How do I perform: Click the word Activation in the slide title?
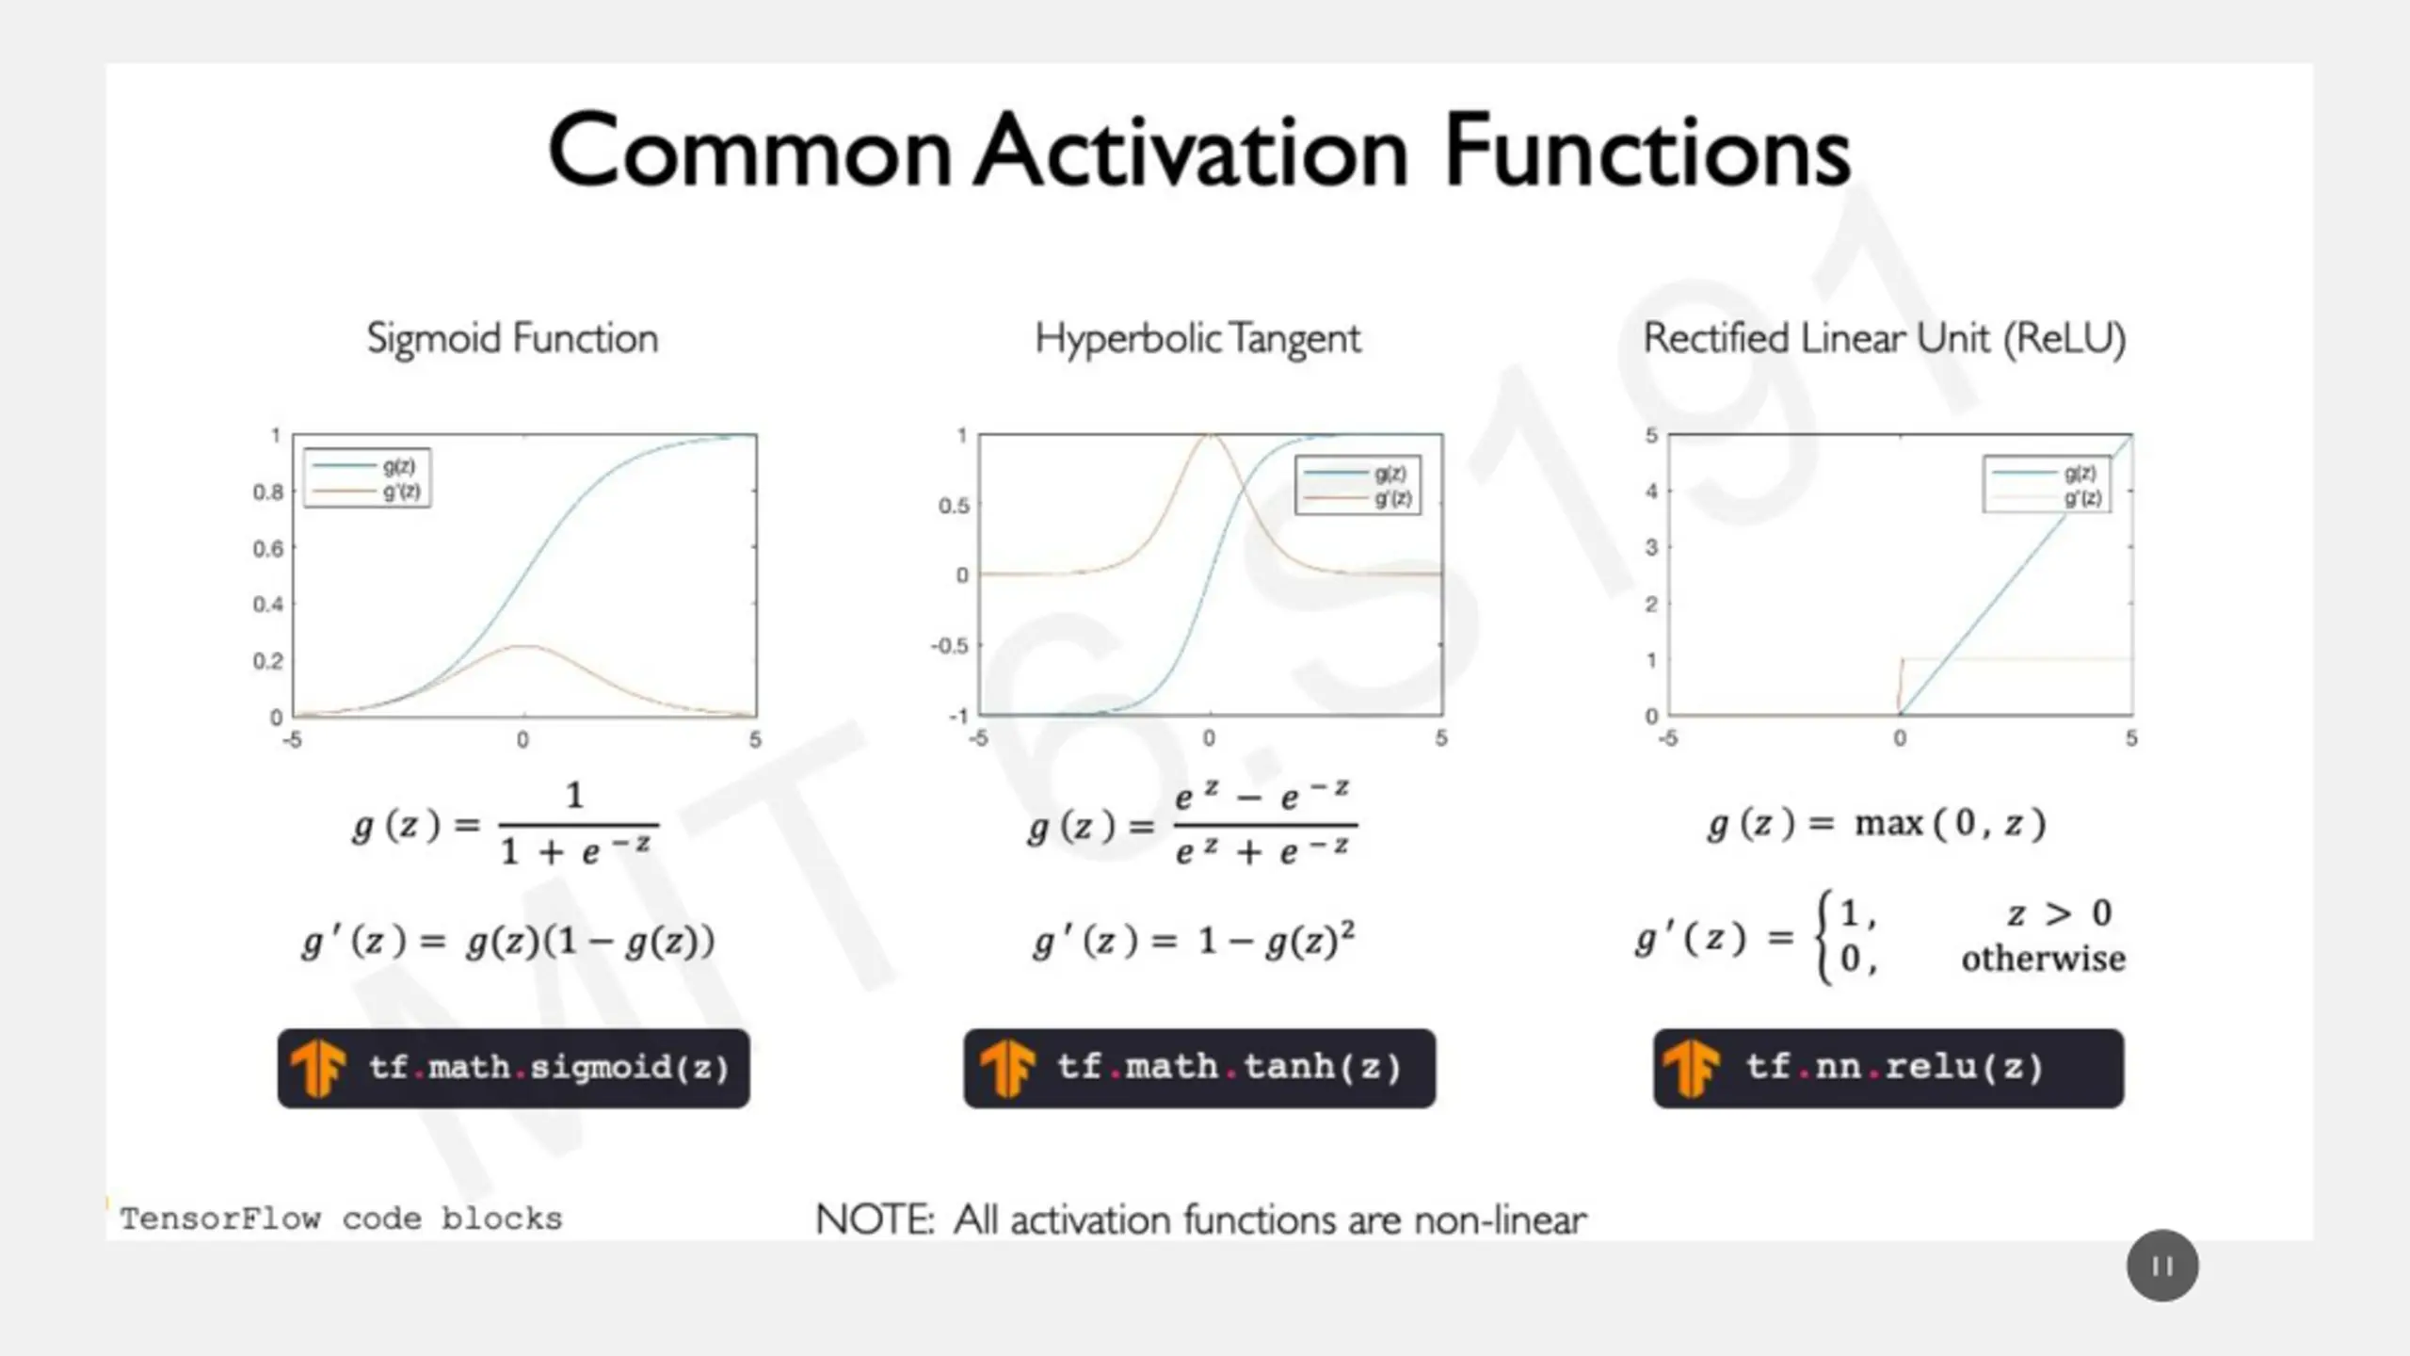[x=1191, y=151]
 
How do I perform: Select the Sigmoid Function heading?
[x=513, y=339]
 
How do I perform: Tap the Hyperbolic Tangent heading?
[x=1197, y=339]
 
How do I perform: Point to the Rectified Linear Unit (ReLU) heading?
[x=1885, y=339]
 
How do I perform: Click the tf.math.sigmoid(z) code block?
[x=514, y=1068]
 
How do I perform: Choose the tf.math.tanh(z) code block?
[x=1199, y=1068]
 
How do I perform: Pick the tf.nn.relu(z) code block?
[x=1888, y=1068]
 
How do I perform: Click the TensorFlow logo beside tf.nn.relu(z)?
[x=1691, y=1068]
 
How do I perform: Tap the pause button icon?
[x=2162, y=1266]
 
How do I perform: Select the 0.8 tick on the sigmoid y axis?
[x=267, y=492]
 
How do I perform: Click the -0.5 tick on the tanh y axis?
[x=949, y=646]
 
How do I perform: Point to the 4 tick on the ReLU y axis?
[x=1651, y=491]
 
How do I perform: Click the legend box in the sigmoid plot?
[x=367, y=478]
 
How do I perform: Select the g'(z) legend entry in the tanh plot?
[x=1358, y=498]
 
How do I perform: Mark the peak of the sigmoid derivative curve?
[x=524, y=645]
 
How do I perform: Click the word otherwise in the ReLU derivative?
[x=2043, y=959]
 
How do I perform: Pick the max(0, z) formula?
[x=1951, y=823]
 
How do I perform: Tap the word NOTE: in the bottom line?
[x=875, y=1219]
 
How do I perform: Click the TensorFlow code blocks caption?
[x=341, y=1219]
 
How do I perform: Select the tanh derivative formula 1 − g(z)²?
[x=1277, y=940]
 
